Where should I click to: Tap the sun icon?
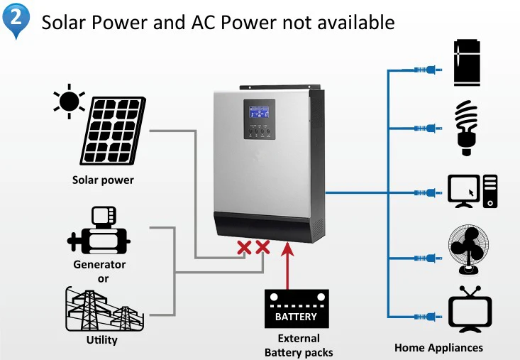coord(69,102)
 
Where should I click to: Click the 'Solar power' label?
coord(103,180)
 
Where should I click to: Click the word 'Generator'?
coord(99,265)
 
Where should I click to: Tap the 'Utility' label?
coord(101,340)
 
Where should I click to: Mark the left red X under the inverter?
coord(245,247)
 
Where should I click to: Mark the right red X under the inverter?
coord(262,247)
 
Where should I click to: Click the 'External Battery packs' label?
coord(298,345)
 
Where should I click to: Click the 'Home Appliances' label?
coord(438,348)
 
